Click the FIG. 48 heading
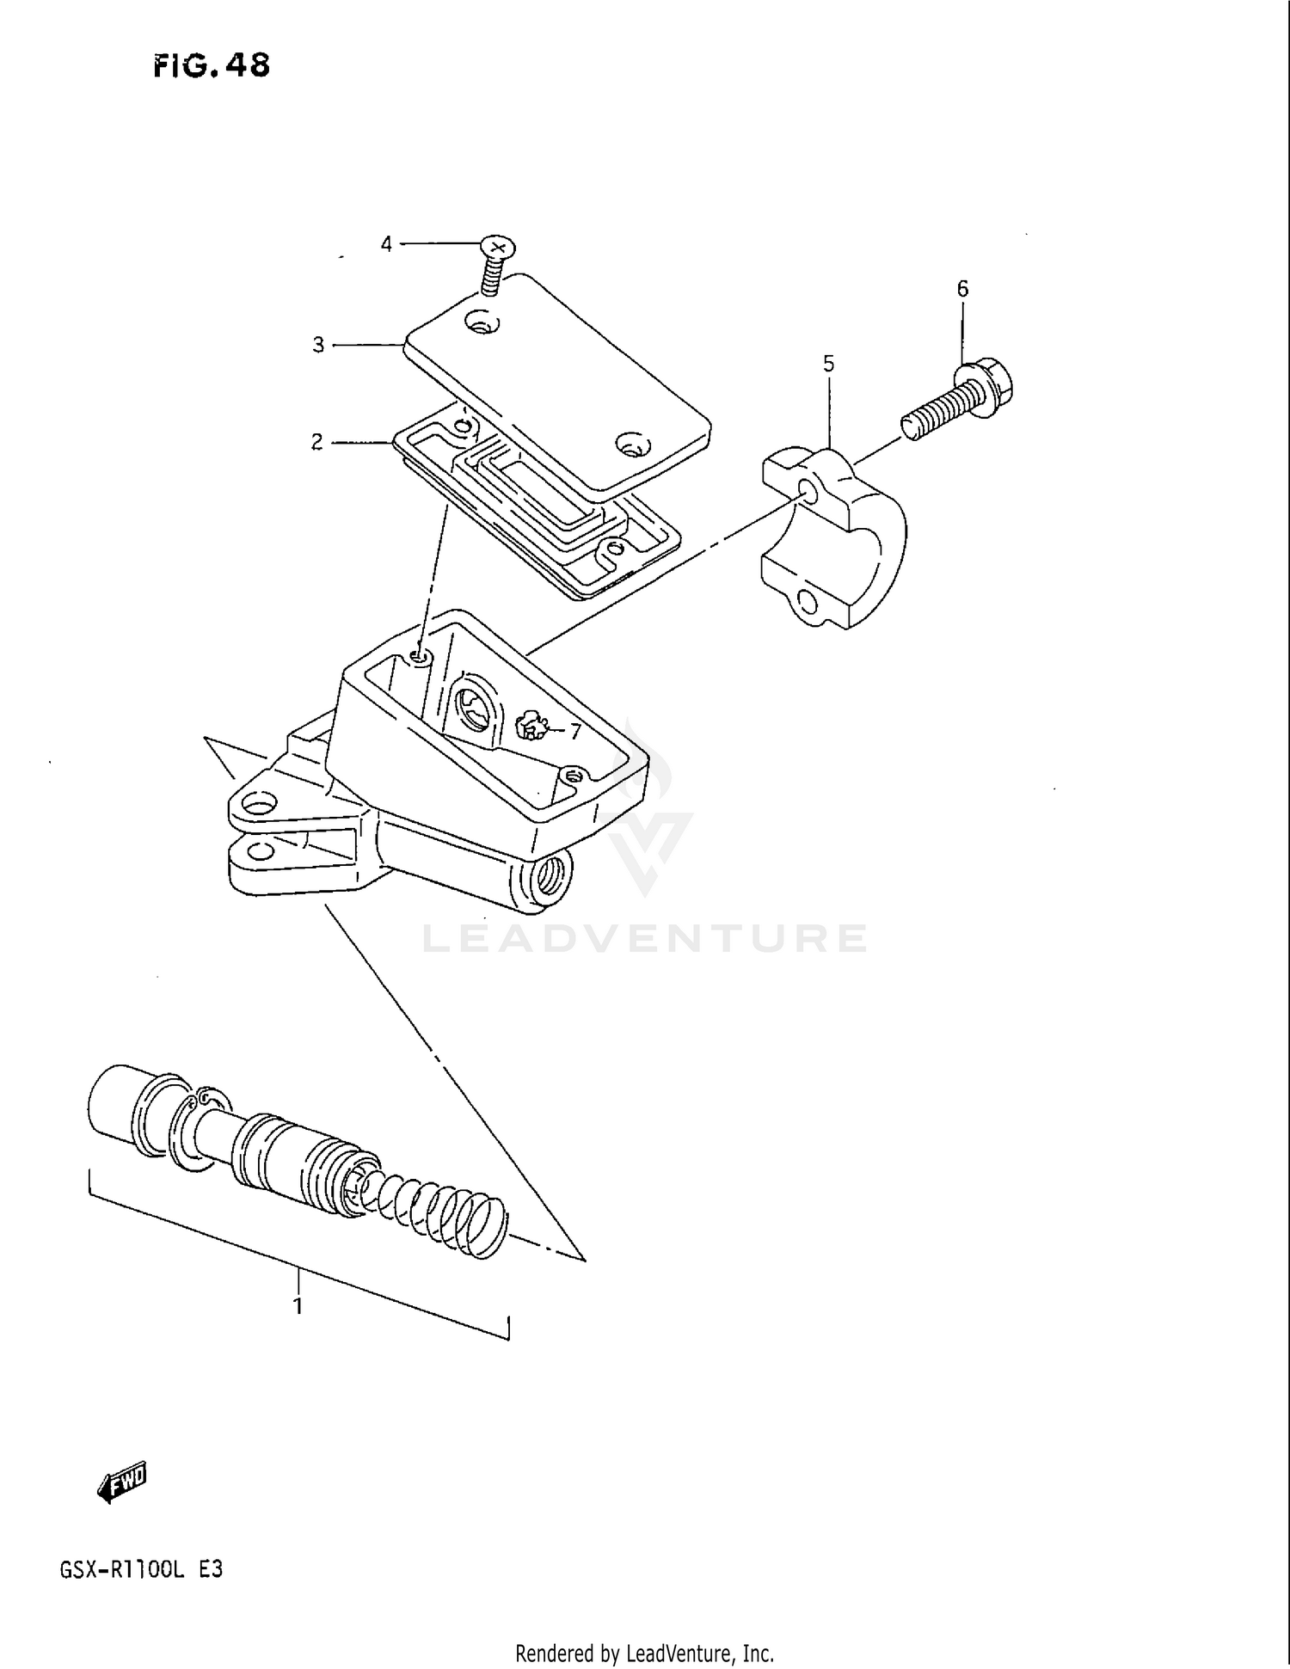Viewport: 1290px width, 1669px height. (212, 65)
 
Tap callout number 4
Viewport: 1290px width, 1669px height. (386, 245)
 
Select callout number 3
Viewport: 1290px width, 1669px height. (318, 346)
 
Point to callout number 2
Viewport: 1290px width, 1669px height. (317, 443)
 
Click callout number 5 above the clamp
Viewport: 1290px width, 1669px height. (828, 364)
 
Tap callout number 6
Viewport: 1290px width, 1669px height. (962, 289)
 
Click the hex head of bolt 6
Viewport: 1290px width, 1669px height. (985, 387)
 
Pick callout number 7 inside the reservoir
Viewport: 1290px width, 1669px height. (574, 732)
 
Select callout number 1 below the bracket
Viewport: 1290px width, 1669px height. (298, 1307)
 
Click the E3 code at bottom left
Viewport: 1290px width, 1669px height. (212, 1568)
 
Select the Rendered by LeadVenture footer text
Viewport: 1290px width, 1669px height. (644, 1653)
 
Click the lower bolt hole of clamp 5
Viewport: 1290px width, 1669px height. (808, 599)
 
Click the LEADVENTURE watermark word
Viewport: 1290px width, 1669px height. (645, 938)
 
